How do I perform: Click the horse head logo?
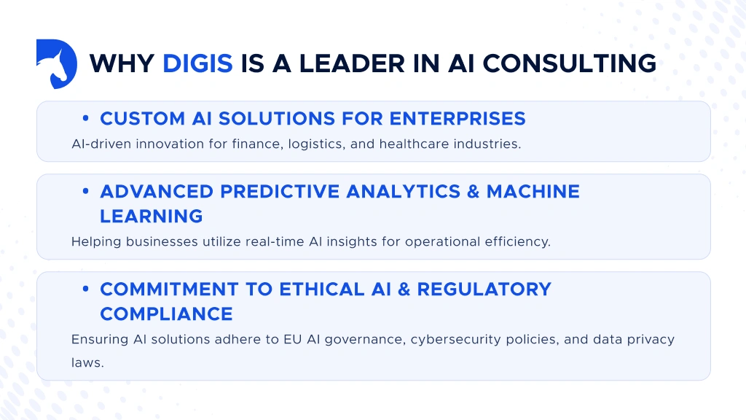coord(56,64)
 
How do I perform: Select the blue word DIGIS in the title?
coord(197,63)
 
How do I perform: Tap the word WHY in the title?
coord(122,63)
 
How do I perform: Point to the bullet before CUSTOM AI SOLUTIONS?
coord(86,119)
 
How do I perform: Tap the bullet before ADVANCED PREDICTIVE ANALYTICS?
coord(86,192)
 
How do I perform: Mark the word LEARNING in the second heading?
coord(151,216)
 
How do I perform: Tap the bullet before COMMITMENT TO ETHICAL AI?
coord(86,289)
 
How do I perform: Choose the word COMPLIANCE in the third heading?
coord(166,314)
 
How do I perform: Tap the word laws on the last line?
coord(87,361)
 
